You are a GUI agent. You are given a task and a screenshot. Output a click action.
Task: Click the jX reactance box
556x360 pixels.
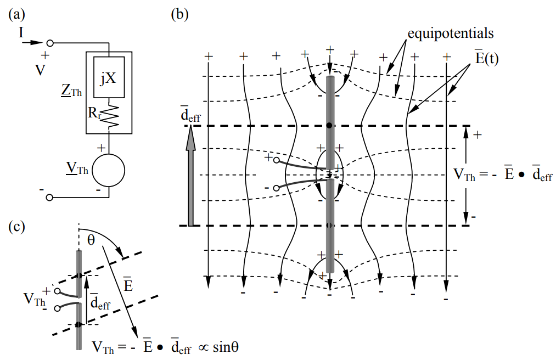point(108,78)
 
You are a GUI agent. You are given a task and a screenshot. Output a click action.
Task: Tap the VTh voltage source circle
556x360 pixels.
point(109,170)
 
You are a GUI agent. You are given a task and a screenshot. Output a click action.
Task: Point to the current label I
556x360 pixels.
point(21,34)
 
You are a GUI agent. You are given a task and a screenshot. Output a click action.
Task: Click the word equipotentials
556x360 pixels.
point(450,33)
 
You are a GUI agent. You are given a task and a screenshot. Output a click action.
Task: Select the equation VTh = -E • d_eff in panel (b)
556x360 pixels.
point(503,175)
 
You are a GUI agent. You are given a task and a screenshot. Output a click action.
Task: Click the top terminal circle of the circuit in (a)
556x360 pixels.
point(49,43)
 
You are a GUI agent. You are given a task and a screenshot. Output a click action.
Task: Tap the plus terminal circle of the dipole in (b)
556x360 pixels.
point(276,160)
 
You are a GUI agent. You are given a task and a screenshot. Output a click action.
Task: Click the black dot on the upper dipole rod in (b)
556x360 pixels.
point(329,126)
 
